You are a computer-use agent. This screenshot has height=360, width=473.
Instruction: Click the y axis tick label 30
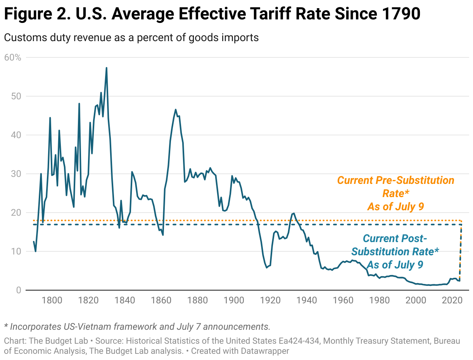pyautogui.click(x=16, y=174)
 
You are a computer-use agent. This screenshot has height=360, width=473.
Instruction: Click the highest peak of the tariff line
pyautogui.click(x=106, y=68)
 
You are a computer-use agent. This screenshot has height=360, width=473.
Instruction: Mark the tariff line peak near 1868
pyautogui.click(x=176, y=109)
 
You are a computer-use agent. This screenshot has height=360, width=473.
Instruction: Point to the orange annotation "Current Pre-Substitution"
pyautogui.click(x=395, y=180)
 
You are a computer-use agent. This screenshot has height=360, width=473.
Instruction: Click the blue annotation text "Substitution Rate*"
pyautogui.click(x=395, y=252)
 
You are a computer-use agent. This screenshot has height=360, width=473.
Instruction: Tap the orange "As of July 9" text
pyautogui.click(x=395, y=206)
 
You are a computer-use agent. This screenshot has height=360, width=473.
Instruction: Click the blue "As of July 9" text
pyautogui.click(x=395, y=265)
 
